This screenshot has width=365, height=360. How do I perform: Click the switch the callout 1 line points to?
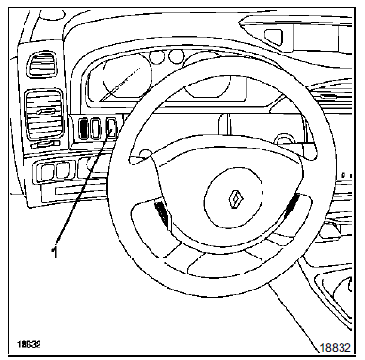[114, 131]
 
